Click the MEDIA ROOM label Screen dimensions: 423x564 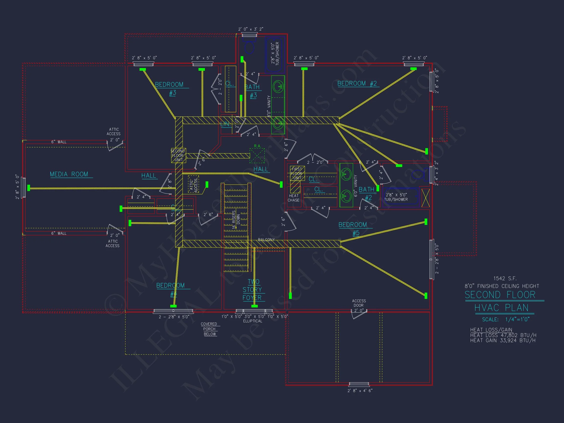[69, 174]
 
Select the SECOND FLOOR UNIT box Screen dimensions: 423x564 [178, 155]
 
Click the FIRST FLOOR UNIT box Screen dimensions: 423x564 [297, 174]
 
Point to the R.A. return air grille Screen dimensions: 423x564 [257, 155]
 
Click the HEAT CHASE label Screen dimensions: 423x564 [294, 198]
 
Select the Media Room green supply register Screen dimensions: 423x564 [29, 188]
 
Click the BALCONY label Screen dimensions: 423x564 [266, 240]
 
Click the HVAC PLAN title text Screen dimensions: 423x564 [501, 308]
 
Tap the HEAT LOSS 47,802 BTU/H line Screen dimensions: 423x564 [503, 335]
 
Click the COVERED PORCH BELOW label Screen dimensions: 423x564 [209, 329]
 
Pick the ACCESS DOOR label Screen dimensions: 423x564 [359, 303]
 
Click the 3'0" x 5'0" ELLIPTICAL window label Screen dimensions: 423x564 [253, 318]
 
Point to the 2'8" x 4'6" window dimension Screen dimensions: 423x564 [360, 390]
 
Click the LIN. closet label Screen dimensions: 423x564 [226, 124]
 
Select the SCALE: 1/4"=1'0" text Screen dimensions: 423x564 [505, 319]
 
